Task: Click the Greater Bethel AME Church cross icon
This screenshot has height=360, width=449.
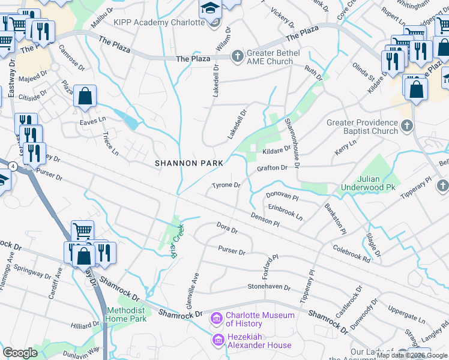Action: tap(237, 56)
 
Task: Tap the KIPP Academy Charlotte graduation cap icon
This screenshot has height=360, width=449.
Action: tap(209, 9)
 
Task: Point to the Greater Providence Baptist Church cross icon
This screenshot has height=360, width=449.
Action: tap(407, 126)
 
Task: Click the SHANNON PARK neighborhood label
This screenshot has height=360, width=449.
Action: tap(189, 163)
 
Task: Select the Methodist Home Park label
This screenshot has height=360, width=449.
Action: tap(126, 314)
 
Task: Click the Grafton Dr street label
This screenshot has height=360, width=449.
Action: tap(272, 169)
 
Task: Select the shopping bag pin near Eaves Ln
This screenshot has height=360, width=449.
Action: tap(85, 96)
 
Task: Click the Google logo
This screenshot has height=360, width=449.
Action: tap(20, 353)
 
